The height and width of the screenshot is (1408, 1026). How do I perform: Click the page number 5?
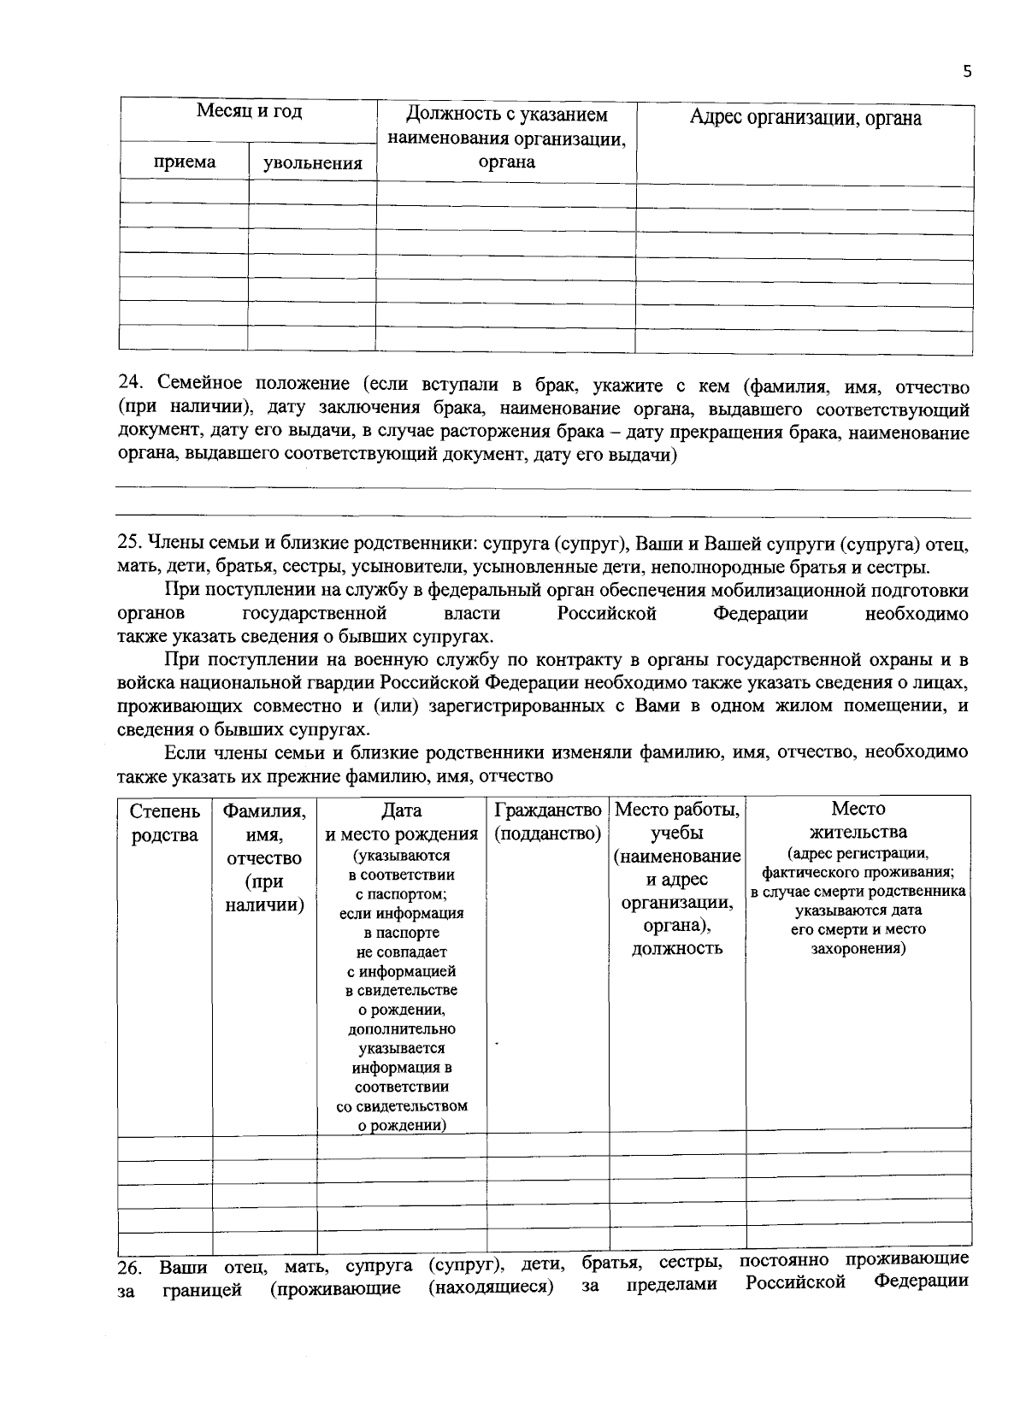tap(967, 72)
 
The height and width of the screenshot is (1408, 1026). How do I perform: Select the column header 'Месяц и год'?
tap(249, 111)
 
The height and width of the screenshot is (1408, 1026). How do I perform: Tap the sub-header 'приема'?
tap(185, 162)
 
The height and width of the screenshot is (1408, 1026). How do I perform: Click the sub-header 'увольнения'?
tap(312, 162)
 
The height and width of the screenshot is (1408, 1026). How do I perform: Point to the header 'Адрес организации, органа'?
tap(805, 118)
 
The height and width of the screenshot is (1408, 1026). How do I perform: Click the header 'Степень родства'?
tap(165, 822)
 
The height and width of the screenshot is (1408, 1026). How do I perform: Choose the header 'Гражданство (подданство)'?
tap(547, 821)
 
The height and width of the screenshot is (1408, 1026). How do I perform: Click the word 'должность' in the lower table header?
tap(677, 948)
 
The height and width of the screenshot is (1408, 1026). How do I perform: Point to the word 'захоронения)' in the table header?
tap(858, 948)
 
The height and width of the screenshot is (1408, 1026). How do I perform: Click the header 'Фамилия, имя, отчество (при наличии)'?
tap(264, 857)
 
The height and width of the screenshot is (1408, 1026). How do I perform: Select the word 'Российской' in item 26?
tap(795, 1283)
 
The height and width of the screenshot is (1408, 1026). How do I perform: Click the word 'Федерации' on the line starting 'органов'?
tap(760, 614)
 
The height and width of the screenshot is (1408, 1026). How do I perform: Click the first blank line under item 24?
tap(543, 490)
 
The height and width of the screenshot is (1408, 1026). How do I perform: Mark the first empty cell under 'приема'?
tap(184, 191)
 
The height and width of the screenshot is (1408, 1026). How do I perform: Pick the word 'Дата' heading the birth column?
tap(402, 810)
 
